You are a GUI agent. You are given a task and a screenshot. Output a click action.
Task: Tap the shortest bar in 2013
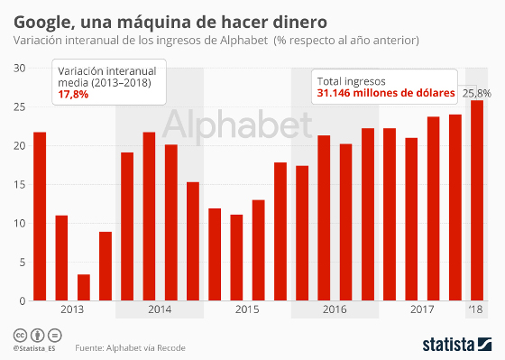[83, 287]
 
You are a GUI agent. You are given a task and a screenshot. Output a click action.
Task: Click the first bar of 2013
[40, 217]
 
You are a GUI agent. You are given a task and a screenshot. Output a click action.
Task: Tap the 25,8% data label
[477, 93]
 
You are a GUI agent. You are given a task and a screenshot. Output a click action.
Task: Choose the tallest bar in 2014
[149, 217]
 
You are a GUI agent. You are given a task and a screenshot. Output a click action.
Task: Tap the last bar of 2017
[455, 208]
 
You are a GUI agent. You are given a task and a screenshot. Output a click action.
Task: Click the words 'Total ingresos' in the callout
[351, 79]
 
